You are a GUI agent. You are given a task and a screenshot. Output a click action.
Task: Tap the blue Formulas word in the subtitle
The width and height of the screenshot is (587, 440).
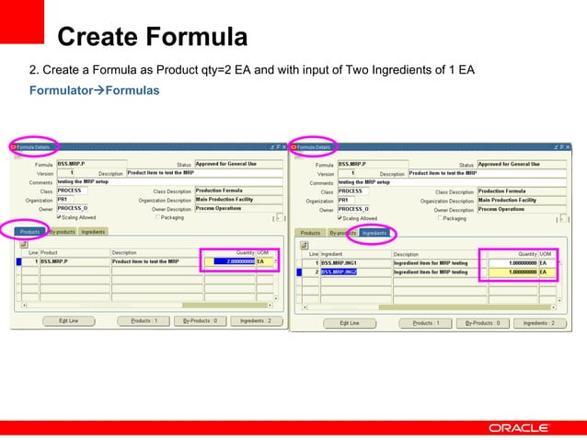(x=134, y=90)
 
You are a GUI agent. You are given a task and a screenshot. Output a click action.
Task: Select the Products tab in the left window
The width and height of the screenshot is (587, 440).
(x=30, y=232)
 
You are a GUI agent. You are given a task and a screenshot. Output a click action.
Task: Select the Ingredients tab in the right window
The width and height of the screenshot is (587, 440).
(x=374, y=233)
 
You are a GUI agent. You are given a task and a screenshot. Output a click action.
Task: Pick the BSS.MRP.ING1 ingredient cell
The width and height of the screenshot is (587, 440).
(x=353, y=263)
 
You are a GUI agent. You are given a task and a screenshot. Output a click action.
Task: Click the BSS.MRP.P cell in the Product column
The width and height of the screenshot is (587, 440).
(x=74, y=261)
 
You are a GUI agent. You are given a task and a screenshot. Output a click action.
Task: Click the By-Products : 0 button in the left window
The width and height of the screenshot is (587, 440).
(x=199, y=321)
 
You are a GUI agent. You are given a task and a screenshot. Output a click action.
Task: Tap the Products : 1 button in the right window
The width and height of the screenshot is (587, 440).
(x=424, y=323)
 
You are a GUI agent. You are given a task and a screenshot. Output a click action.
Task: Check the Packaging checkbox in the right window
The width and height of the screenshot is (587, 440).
(x=440, y=218)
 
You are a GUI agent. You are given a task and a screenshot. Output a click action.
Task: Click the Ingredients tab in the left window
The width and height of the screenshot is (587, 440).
(x=93, y=232)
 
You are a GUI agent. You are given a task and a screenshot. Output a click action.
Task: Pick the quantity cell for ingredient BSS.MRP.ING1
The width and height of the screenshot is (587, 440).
(x=511, y=263)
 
